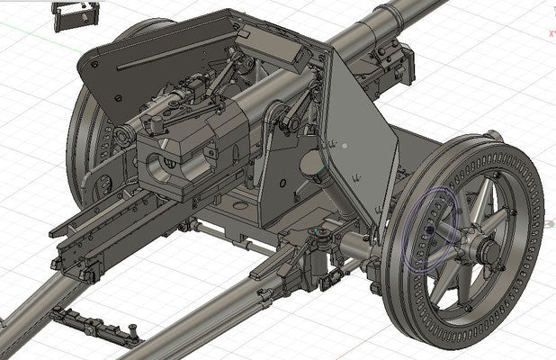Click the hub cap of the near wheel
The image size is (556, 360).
[x=490, y=248]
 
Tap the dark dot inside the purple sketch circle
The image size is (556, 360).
[x=429, y=230]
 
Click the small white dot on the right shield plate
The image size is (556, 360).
[x=345, y=144]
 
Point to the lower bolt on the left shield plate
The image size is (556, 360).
[x=116, y=98]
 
